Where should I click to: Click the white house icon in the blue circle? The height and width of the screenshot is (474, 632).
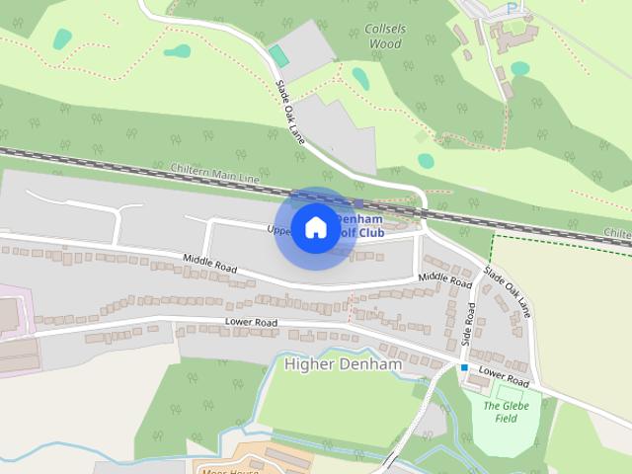point(315,228)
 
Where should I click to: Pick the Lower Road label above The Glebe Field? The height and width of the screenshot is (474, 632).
point(503,376)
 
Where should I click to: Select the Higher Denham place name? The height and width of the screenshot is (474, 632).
point(343,363)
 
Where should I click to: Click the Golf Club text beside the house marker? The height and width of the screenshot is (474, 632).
point(361,232)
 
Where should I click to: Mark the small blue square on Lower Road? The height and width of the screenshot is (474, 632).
point(463,367)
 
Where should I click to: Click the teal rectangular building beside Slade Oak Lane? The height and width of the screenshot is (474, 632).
point(279,57)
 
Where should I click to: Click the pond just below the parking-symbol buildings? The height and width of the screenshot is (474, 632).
point(519,69)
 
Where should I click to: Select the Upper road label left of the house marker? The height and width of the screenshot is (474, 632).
point(280,230)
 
